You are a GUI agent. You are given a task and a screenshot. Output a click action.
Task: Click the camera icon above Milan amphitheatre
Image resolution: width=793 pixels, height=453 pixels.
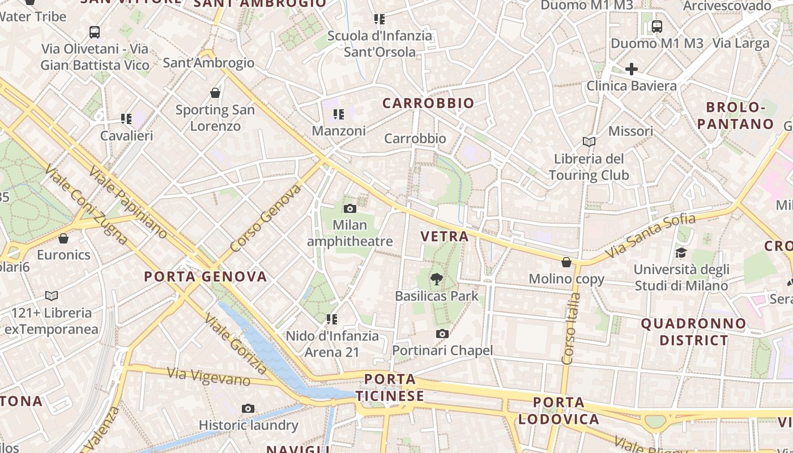349,208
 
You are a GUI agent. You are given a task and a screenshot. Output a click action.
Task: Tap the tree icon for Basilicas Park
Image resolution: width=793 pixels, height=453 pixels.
436,279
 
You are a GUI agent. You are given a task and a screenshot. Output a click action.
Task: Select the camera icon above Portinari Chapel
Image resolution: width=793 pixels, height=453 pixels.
442,334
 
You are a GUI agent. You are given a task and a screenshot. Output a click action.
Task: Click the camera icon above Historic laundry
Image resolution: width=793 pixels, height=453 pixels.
248,408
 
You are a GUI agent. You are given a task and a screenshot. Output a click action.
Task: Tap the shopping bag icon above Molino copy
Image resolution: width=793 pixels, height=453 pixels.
566,262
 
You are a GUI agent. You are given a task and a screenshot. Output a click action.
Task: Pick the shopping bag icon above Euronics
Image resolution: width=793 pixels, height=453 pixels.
63,238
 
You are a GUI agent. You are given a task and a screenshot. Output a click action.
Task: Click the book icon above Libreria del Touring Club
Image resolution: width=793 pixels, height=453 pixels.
589,142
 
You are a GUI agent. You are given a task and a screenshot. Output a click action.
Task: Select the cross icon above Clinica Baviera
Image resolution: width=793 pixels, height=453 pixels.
631,69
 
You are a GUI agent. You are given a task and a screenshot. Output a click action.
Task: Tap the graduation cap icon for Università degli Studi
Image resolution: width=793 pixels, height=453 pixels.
680,253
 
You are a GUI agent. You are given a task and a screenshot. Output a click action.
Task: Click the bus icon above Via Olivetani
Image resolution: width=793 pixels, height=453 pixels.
95,32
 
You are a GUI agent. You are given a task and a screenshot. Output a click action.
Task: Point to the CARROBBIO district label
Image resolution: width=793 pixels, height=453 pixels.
428,103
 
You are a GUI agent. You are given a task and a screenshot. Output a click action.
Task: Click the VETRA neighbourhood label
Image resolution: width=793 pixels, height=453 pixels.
445,236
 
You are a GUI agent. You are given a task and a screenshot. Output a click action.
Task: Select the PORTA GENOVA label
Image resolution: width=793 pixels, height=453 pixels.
205,276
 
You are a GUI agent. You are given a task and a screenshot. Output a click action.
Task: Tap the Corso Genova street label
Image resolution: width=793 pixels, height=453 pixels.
266,218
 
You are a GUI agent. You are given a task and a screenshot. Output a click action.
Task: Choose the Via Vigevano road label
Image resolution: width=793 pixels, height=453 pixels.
209,377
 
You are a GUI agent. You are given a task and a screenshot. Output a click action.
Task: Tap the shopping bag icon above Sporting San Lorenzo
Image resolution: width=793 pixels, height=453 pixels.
215,93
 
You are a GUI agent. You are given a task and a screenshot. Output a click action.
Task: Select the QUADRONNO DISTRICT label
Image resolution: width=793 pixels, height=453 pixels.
693,332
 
